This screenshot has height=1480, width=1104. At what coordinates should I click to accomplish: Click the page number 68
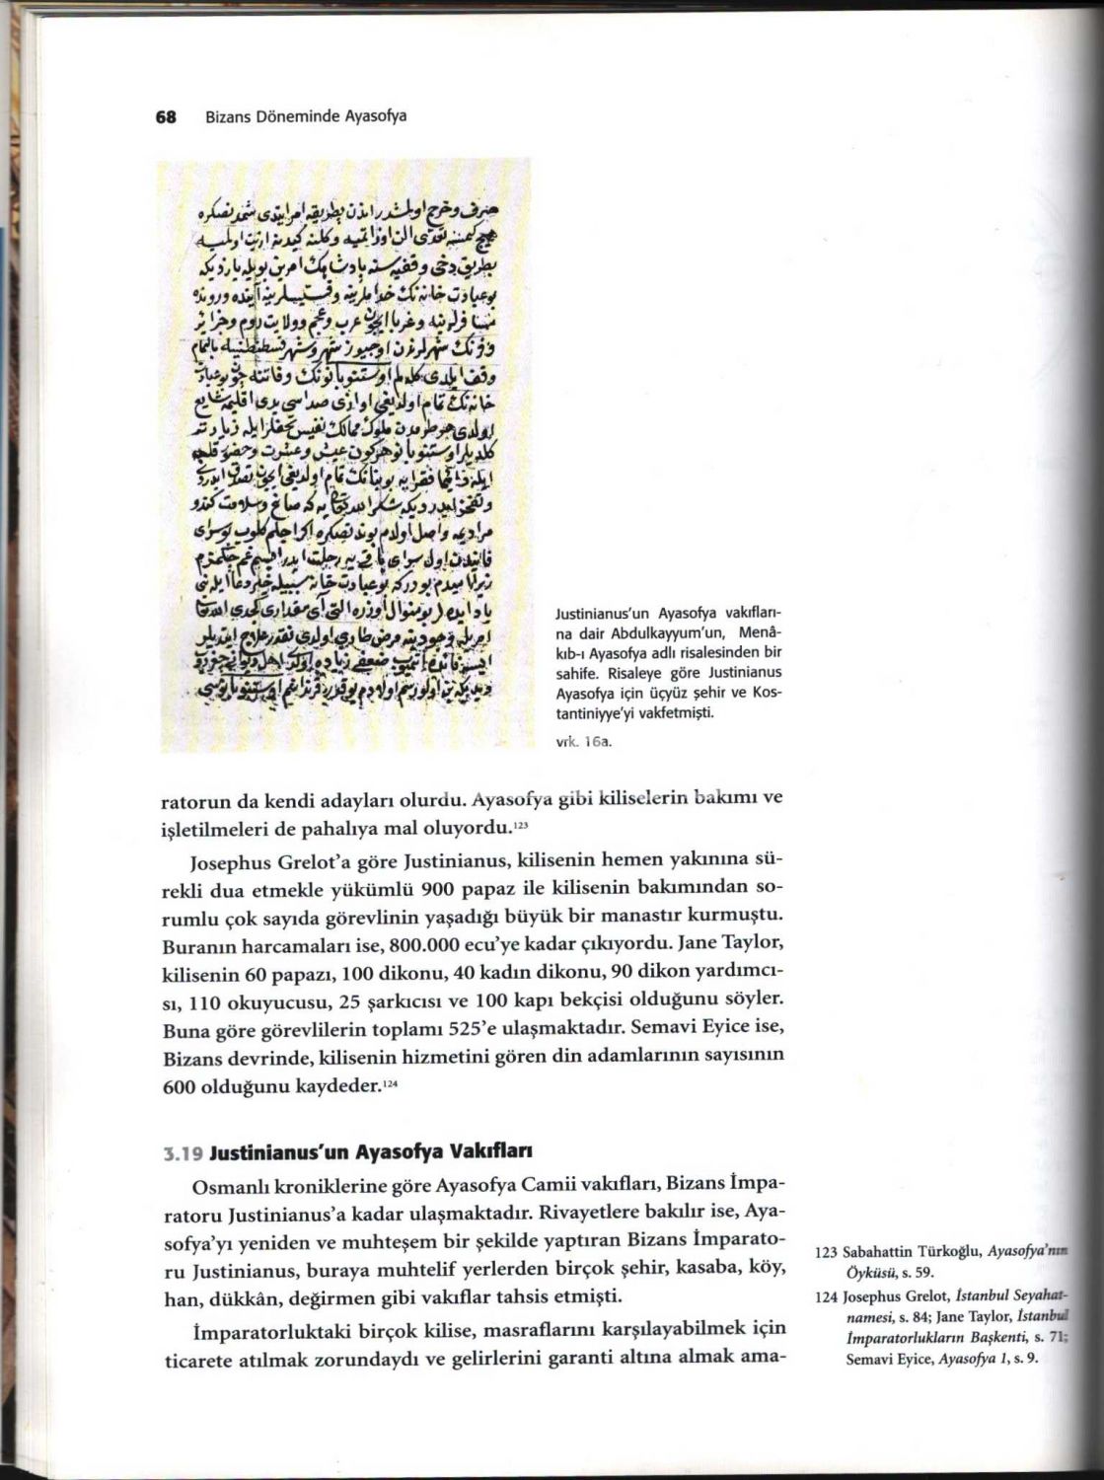click(166, 116)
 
